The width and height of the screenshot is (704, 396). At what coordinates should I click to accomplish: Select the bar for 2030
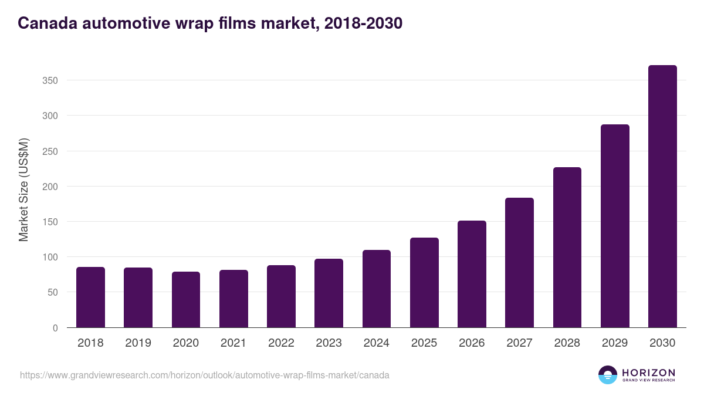coord(662,197)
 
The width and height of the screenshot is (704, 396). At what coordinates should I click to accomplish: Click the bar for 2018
coord(90,297)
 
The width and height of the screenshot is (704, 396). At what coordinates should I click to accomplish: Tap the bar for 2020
coord(186,300)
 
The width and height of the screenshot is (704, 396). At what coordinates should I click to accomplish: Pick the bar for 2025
coord(424,283)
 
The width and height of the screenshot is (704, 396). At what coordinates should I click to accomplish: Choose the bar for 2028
coord(567,248)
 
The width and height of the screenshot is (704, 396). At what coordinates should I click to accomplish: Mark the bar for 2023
coord(329,293)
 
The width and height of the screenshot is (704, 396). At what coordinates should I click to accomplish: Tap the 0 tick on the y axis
coord(55,328)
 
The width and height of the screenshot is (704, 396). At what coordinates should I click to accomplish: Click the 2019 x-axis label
coord(138,343)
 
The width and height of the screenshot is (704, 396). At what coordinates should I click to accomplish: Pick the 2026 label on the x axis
coord(472,343)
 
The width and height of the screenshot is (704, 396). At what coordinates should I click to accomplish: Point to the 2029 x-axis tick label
coord(615,343)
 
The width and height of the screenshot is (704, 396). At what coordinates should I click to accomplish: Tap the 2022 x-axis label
coord(281,343)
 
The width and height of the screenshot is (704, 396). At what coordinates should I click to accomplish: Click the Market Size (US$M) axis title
coord(23,189)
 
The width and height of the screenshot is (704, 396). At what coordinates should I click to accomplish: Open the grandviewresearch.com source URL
coord(205,375)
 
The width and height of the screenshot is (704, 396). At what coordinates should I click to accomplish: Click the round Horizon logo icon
coord(608,375)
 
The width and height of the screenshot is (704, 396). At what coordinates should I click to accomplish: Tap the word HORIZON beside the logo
coord(648,373)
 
